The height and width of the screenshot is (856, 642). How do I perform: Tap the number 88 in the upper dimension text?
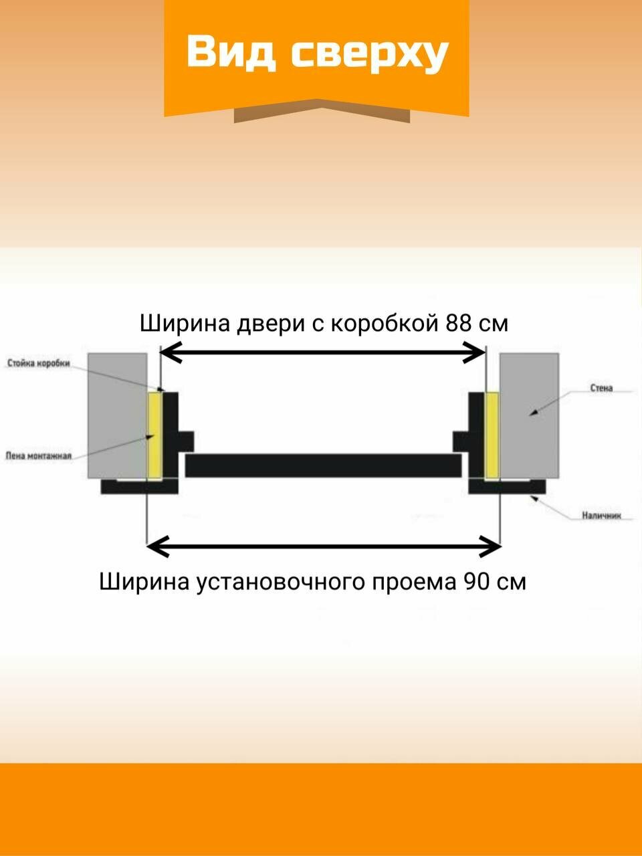pos(459,323)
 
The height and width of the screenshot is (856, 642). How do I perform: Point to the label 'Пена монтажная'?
pos(38,455)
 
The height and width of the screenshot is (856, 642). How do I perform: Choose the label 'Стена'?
pos(601,388)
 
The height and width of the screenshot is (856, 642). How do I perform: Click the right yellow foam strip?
pos(492,435)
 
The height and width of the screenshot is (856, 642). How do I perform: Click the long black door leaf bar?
pos(324,465)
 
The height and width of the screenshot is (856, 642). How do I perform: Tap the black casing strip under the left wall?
pos(139,486)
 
